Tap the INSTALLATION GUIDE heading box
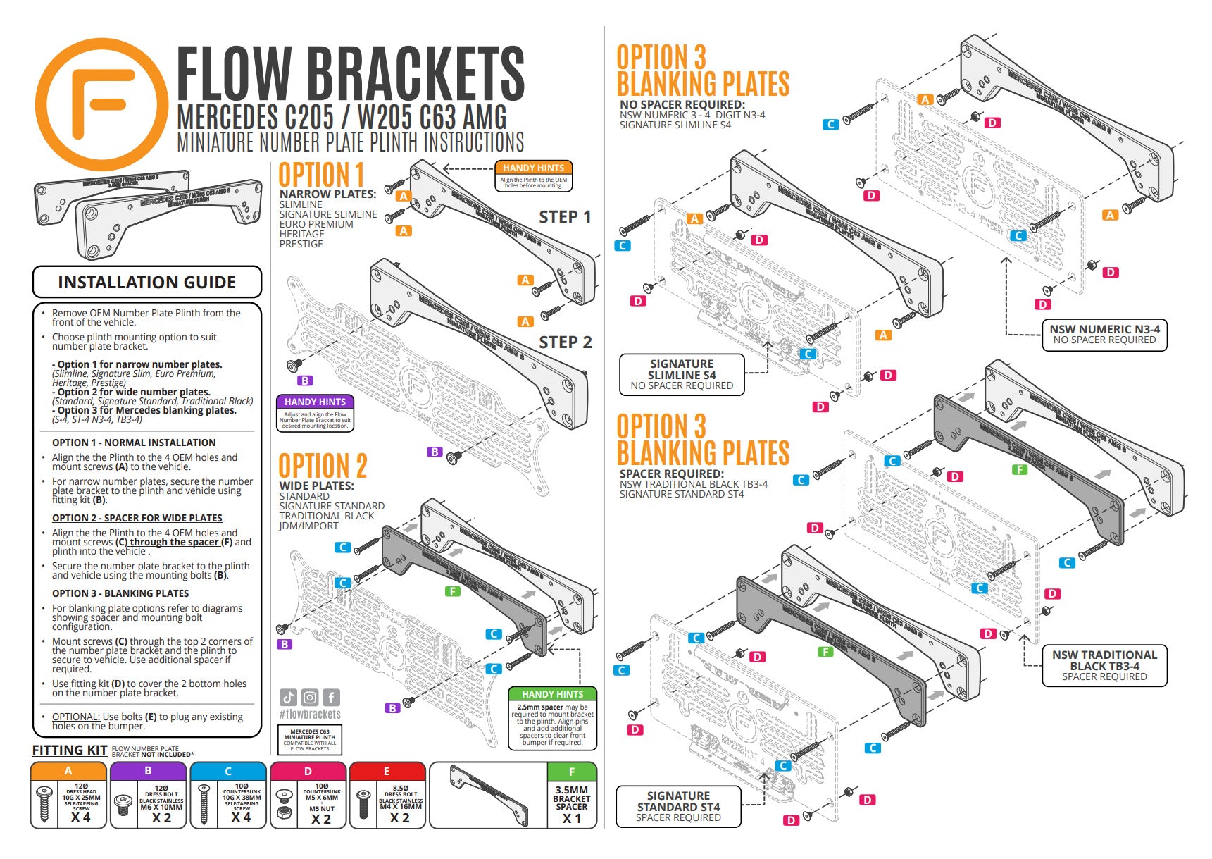point(146,283)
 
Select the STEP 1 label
point(565,217)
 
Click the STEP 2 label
point(565,342)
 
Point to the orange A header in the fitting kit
point(68,771)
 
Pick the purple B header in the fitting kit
point(148,771)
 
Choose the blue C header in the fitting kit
point(228,771)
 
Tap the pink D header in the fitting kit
point(308,771)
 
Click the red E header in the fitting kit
point(387,771)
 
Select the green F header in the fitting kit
point(572,772)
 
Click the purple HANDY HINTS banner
point(315,402)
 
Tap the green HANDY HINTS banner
point(552,694)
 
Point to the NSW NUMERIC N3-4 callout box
point(1104,334)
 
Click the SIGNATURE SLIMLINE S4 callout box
point(681,374)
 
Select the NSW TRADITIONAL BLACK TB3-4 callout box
point(1104,665)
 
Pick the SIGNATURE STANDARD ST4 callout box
point(678,806)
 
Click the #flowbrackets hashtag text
point(309,715)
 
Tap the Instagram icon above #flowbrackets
point(310,698)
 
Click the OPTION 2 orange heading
point(323,466)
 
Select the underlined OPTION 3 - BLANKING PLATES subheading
point(120,593)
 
